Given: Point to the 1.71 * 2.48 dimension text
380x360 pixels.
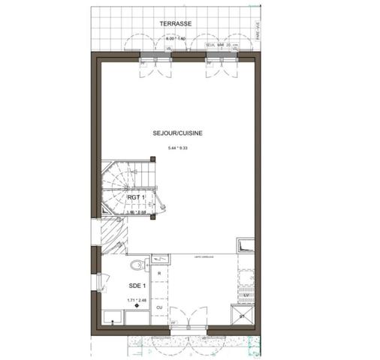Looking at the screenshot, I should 136,301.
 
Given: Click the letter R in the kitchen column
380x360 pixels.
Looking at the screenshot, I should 159,274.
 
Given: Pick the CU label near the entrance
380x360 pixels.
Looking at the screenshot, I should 159,307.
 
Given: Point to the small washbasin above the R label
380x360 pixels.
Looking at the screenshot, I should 159,259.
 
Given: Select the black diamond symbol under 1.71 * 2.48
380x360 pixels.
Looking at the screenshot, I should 136,307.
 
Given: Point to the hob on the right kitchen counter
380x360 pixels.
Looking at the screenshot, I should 245,275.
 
